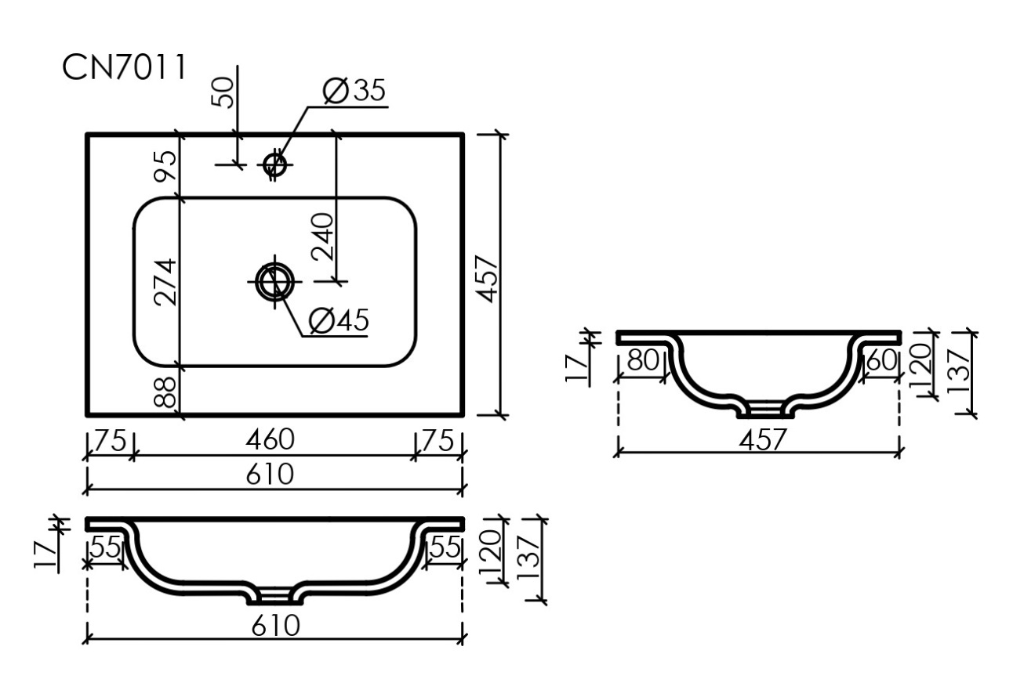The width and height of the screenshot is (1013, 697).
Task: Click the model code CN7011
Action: tap(125, 67)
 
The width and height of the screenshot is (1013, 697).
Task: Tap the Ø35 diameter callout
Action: tap(354, 90)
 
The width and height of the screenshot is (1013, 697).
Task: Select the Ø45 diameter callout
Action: tap(339, 320)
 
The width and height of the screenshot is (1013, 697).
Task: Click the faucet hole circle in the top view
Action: tap(275, 164)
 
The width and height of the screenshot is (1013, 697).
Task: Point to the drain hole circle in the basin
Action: tap(275, 281)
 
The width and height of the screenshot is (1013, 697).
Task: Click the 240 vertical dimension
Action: tap(323, 237)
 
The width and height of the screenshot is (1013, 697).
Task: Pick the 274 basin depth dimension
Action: tap(165, 282)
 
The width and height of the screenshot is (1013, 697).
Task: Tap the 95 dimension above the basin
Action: tap(165, 166)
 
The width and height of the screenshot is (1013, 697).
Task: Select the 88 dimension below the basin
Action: tap(165, 392)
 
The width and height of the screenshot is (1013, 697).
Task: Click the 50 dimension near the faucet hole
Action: tap(223, 93)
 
